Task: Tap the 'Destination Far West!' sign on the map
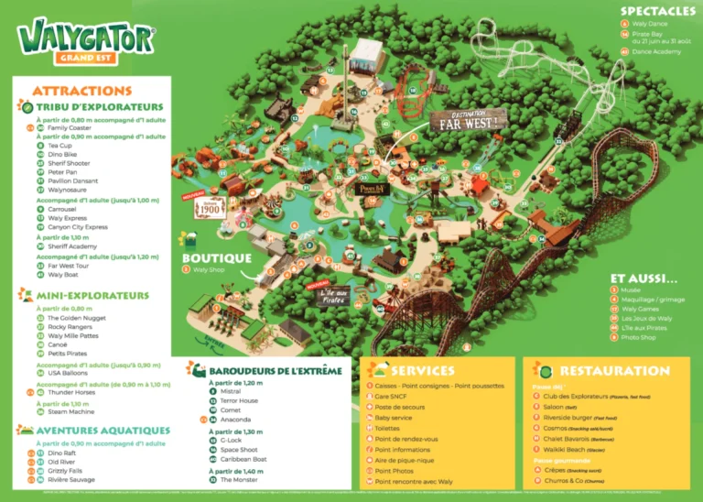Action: point(470,118)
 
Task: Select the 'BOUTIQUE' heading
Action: point(216,258)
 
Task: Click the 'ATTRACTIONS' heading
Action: point(81,91)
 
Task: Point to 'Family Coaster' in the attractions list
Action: point(70,128)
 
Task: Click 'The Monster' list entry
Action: point(239,479)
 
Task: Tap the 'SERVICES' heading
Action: point(422,370)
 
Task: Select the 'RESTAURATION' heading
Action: point(614,370)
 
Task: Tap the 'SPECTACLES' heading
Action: point(656,11)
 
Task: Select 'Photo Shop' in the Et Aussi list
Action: point(639,337)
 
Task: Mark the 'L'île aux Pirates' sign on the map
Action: point(335,295)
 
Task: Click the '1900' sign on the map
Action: point(209,208)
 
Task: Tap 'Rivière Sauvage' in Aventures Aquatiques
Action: point(70,479)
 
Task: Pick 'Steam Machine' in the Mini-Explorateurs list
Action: point(69,412)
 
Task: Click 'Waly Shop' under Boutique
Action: point(209,270)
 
